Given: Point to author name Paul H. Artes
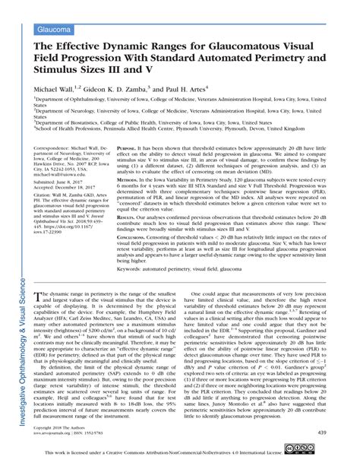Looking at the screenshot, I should pos(207,90).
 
